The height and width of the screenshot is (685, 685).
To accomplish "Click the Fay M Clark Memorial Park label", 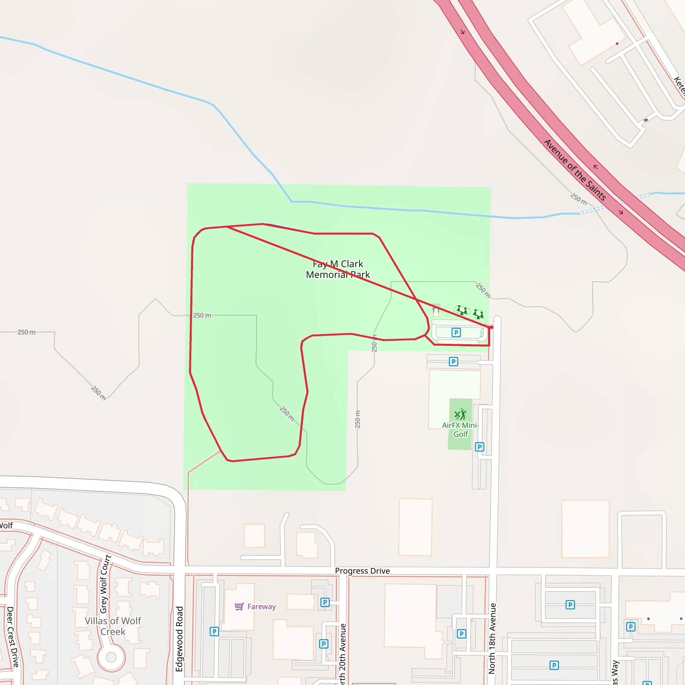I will (x=337, y=269).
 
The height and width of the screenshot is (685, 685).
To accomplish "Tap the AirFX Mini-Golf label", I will (x=460, y=430).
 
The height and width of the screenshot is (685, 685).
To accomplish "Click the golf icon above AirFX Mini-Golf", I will (x=460, y=414).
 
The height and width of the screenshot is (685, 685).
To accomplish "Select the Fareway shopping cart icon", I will (x=239, y=606).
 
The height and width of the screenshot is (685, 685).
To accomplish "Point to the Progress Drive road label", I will (x=362, y=571).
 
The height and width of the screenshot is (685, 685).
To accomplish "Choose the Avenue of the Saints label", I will (x=575, y=170).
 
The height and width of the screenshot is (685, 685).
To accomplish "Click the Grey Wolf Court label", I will (x=105, y=584).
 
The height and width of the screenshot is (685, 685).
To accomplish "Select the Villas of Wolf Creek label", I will (x=113, y=626).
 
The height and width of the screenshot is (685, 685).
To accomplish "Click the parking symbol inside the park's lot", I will (x=456, y=332).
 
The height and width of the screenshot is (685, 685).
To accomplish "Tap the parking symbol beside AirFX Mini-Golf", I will (x=479, y=447).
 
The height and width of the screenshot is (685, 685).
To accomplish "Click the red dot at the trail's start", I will (x=491, y=327).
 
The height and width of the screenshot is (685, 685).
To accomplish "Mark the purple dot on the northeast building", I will (x=617, y=43).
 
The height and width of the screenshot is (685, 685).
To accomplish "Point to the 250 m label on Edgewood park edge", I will (x=202, y=315).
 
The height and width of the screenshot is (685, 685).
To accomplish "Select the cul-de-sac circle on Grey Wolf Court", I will (x=111, y=657).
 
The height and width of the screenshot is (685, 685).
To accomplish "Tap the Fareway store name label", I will (x=261, y=607).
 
